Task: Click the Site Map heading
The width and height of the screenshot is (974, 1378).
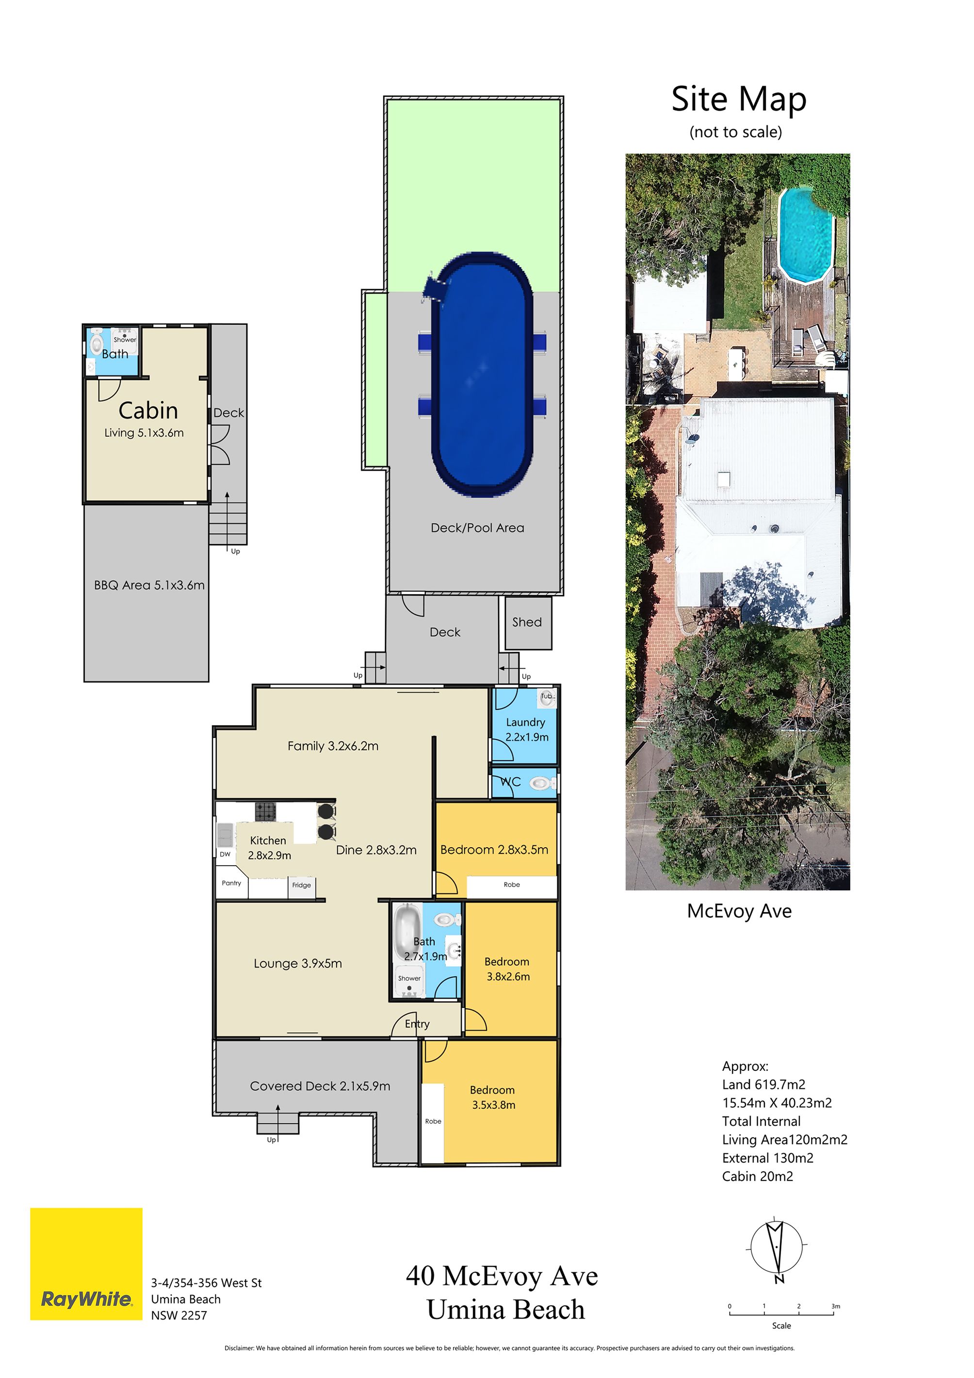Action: (x=739, y=99)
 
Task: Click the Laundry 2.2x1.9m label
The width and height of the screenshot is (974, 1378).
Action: (x=526, y=729)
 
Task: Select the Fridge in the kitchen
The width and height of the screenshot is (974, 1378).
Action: (x=302, y=885)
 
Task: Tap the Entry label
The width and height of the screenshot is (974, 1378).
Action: (x=417, y=1024)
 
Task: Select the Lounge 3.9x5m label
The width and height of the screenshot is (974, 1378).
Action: (x=298, y=963)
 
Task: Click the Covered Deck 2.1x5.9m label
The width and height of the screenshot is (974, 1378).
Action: (x=320, y=1086)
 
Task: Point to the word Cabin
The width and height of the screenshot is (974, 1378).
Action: (x=148, y=410)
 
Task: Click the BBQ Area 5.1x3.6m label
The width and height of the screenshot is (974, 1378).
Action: (x=149, y=585)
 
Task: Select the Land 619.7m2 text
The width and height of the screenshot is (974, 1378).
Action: (x=763, y=1084)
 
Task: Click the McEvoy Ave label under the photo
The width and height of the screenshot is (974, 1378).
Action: (x=739, y=911)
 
